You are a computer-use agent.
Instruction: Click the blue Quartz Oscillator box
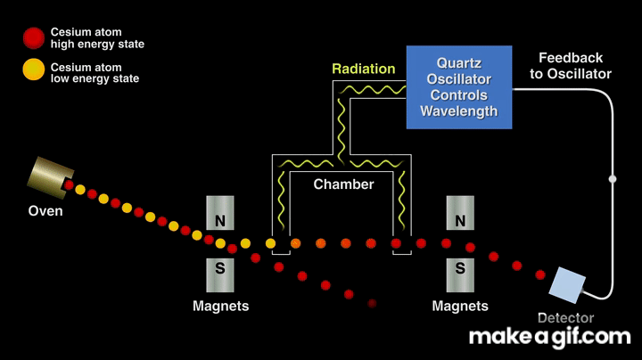(x=459, y=86)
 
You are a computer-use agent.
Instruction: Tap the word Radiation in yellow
(x=364, y=69)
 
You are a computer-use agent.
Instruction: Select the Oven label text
(x=45, y=211)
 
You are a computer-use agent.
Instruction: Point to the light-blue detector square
(x=566, y=283)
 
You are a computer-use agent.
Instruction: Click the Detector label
(x=566, y=317)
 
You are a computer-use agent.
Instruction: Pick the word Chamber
(x=343, y=184)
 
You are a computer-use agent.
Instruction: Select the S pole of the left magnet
(x=220, y=267)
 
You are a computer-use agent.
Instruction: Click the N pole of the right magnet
(x=460, y=218)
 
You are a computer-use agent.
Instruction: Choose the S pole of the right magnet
(x=460, y=267)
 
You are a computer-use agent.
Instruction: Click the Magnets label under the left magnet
(x=220, y=306)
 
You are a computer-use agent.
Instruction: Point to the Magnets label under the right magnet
(x=460, y=306)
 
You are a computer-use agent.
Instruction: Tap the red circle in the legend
(x=34, y=37)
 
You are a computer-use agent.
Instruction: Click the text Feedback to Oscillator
(x=571, y=66)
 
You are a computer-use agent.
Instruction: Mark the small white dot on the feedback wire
(x=613, y=179)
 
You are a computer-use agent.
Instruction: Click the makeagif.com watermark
(x=549, y=337)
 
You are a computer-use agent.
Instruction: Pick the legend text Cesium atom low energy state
(x=95, y=73)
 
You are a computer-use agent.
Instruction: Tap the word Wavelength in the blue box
(x=459, y=111)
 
